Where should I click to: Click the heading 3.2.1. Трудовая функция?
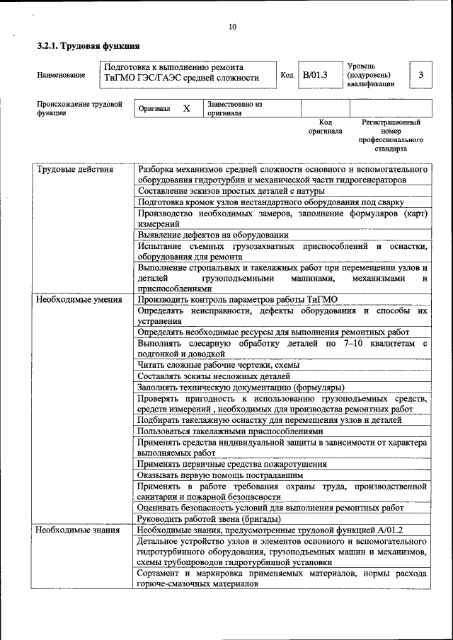[83, 47]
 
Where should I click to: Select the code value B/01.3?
[314, 74]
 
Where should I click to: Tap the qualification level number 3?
[421, 74]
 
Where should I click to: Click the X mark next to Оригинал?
[186, 109]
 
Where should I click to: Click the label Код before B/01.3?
[287, 74]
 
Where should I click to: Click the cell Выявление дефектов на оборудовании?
[213, 235]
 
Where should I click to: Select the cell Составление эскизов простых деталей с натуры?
[231, 191]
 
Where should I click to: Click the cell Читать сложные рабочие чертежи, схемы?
[218, 365]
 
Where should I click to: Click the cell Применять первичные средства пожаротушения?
[232, 464]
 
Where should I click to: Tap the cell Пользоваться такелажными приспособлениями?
[230, 431]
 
